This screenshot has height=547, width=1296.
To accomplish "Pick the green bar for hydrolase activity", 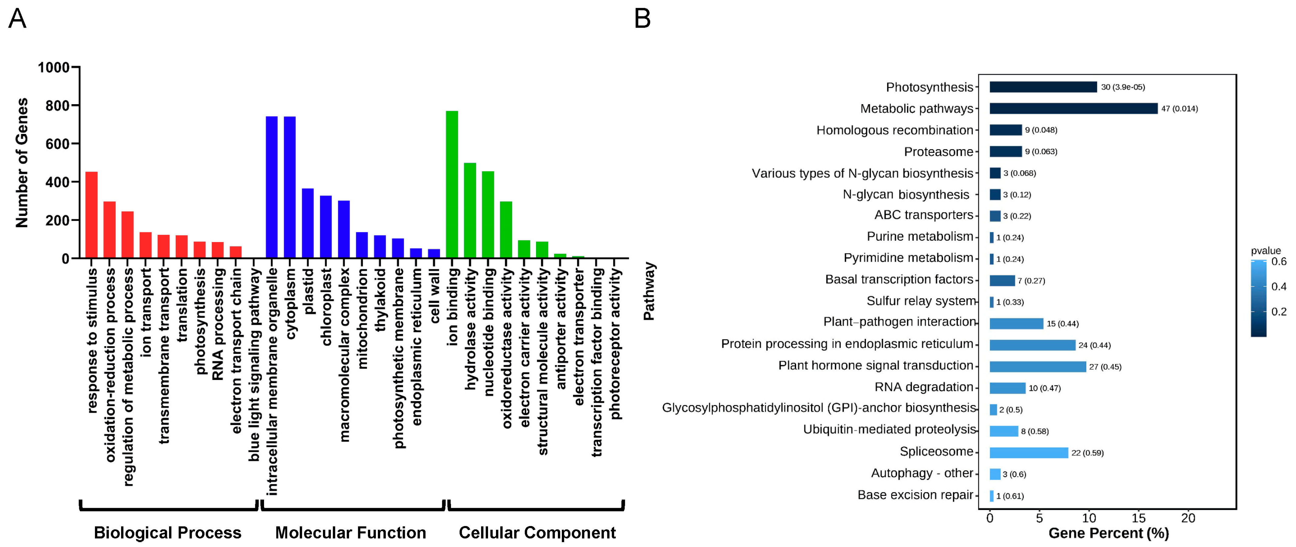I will (x=470, y=210).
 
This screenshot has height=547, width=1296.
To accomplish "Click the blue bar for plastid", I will (x=308, y=224).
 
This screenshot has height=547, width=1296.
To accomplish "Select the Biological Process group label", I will (x=168, y=532).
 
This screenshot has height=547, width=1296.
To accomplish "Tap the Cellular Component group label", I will (x=537, y=532).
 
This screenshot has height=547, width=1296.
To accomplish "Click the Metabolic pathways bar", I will (x=1073, y=109).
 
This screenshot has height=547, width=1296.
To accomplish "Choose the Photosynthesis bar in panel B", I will (x=1043, y=87).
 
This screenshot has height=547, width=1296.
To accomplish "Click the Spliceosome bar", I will (x=1028, y=453).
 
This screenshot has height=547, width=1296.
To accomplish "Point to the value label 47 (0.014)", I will (x=1179, y=109).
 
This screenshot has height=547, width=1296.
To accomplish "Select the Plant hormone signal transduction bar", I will (x=1037, y=367).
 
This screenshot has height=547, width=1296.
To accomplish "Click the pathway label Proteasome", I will (x=938, y=152).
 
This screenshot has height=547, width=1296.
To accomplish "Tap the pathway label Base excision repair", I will (x=915, y=495).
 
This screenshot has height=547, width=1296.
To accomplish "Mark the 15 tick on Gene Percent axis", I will (x=1138, y=518).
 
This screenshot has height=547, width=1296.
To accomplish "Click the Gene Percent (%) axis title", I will (x=1108, y=533).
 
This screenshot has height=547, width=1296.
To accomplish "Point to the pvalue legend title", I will (x=1266, y=251).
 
